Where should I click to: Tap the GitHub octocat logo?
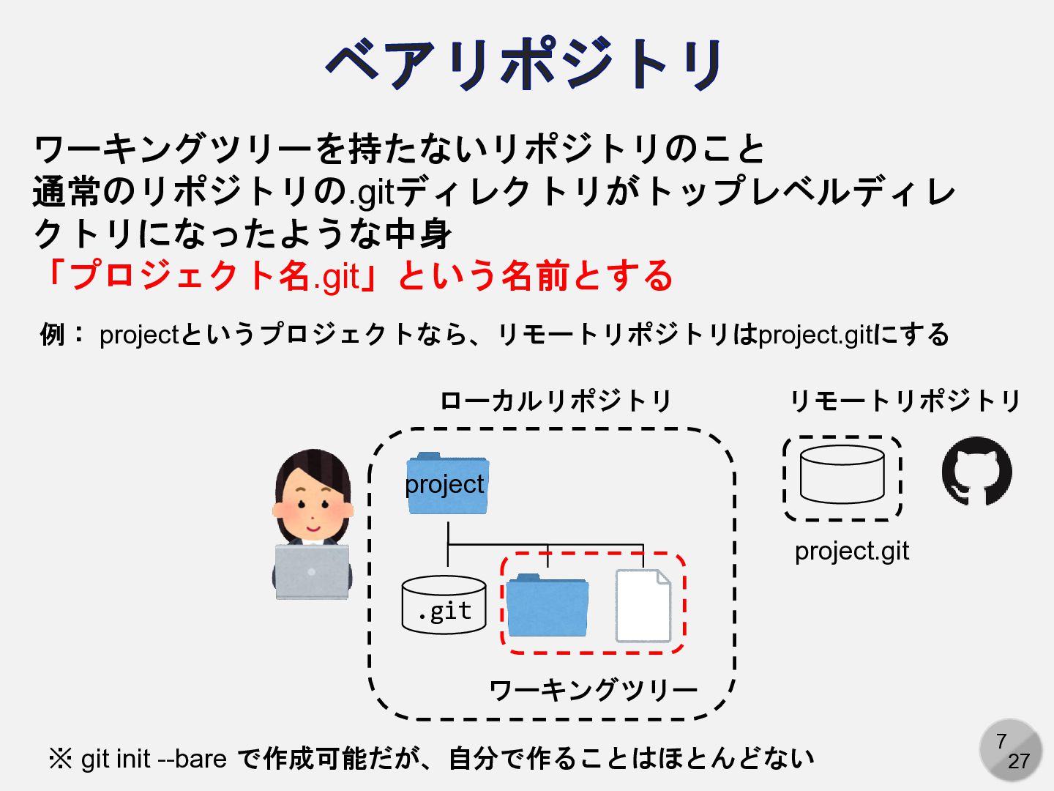tap(976, 471)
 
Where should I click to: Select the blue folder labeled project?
tap(447, 483)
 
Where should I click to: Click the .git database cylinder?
tap(444, 605)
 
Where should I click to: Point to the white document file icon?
tap(643, 606)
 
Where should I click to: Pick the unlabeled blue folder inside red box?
tap(547, 605)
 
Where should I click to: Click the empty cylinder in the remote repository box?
tap(842, 474)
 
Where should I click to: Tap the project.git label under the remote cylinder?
tap(852, 552)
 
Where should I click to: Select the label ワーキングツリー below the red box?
tap(593, 690)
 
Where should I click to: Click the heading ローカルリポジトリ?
tap(555, 401)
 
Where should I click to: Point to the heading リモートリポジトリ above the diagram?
tap(905, 401)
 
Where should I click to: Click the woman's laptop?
tap(312, 572)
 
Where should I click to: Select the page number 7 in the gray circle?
tap(1001, 741)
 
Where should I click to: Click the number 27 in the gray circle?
tap(1019, 761)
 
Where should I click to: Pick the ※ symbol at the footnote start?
tap(61, 760)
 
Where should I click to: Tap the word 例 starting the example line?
tap(53, 334)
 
